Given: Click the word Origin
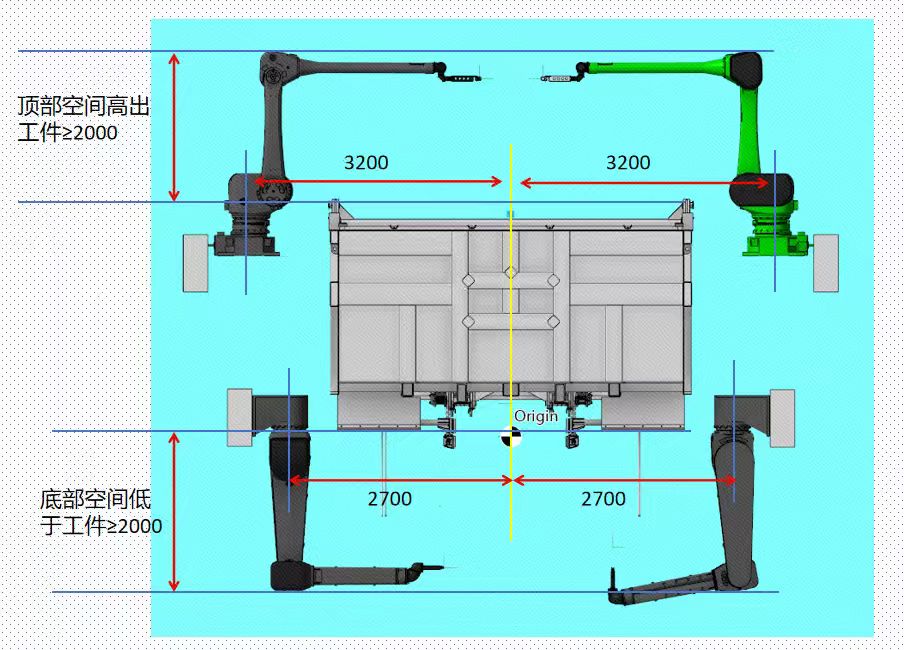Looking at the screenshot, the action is point(536,416).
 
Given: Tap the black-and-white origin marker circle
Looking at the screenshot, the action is point(510,437).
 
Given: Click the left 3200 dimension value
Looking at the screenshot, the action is point(366,163).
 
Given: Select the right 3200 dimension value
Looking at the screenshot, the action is point(628,163).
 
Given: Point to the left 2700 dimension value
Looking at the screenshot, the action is point(390,499).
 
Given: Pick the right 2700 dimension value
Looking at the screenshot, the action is point(603,499).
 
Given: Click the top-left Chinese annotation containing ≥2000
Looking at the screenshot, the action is point(84,119).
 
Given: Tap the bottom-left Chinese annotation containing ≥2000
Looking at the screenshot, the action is point(101,513).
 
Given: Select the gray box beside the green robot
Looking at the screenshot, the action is point(826,263).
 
